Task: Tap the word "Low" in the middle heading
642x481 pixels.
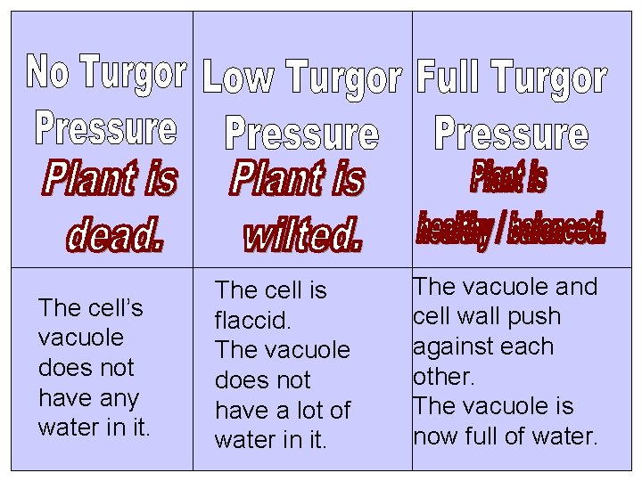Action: (x=237, y=77)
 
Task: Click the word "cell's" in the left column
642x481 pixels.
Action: (x=114, y=308)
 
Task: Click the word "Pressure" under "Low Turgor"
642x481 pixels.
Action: (x=302, y=133)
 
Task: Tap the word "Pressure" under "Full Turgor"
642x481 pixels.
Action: (x=512, y=133)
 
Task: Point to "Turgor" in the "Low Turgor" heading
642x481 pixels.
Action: (x=344, y=77)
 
